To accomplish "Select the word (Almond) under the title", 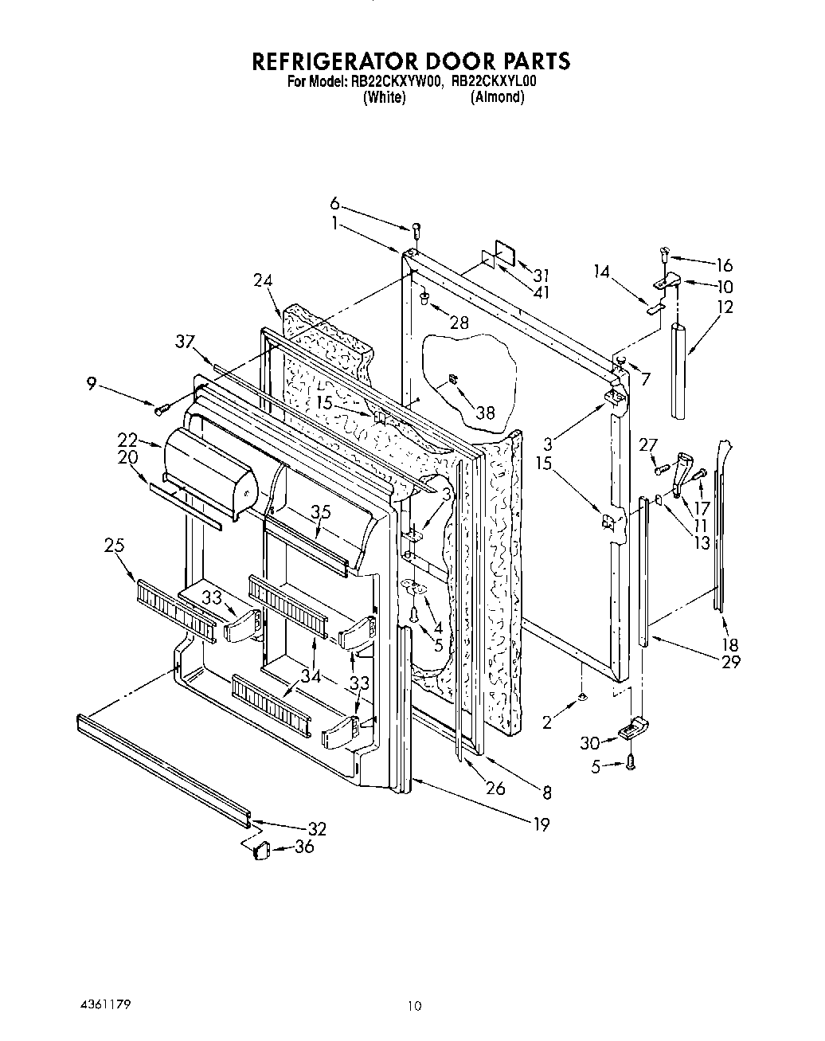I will click(x=498, y=97).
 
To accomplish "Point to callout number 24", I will click(x=263, y=280).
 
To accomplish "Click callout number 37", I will click(x=186, y=342).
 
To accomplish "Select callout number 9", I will click(x=92, y=383).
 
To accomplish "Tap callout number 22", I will click(x=127, y=440).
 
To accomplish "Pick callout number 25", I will click(x=114, y=545).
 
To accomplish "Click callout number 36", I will click(x=303, y=847).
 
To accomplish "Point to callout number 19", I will click(x=541, y=824).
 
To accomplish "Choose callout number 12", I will click(x=725, y=307).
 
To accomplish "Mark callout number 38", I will click(x=485, y=412).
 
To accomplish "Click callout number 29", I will click(x=730, y=661).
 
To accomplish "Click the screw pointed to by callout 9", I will click(x=162, y=408).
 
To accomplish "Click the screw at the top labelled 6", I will click(x=415, y=231).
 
